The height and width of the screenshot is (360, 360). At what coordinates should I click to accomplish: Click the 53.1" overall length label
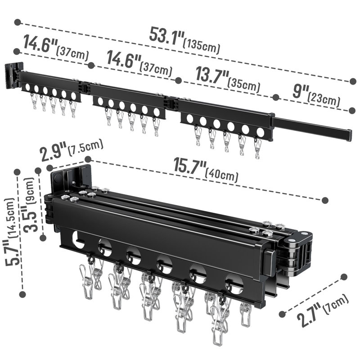166,36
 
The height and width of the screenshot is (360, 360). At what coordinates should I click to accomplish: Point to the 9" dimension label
300,91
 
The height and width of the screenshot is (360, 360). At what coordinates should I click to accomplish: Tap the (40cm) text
221,175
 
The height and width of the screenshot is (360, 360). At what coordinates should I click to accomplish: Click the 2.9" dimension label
53,152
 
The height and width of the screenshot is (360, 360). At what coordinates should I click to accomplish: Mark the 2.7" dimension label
309,315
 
